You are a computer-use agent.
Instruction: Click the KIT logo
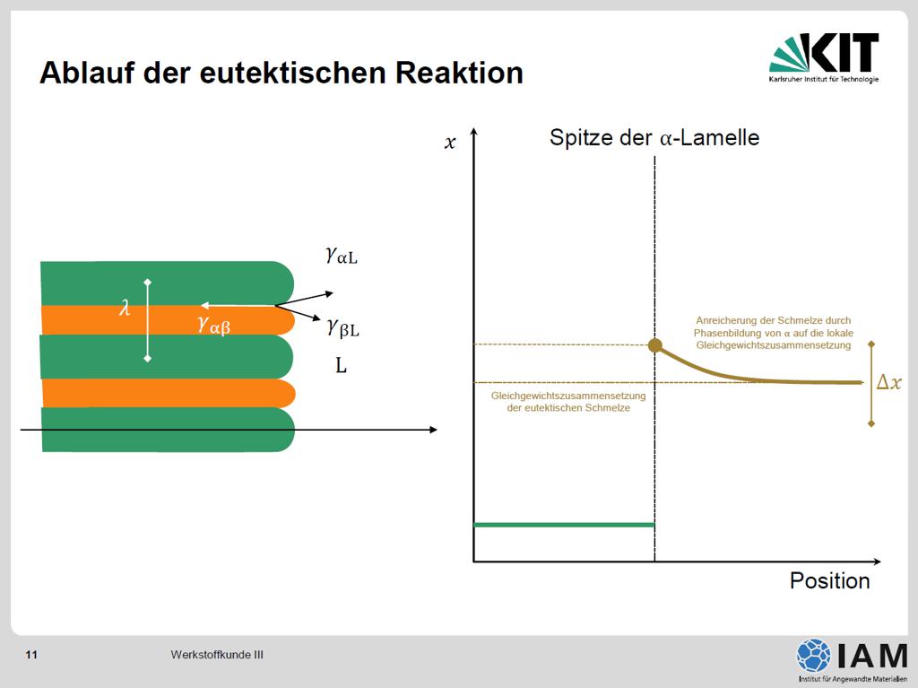[x=824, y=57]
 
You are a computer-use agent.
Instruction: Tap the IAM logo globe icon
[x=814, y=655]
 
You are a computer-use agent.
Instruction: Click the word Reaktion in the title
[x=459, y=74]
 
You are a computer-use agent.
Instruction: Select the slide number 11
[x=31, y=655]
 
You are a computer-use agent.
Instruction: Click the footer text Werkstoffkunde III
[x=217, y=655]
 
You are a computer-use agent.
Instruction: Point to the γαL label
[x=342, y=256]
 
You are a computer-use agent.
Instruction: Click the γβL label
[x=343, y=328]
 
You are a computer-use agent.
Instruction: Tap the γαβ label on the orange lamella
[x=213, y=324]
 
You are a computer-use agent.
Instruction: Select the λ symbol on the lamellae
[x=125, y=307]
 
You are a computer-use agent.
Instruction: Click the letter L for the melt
[x=341, y=366]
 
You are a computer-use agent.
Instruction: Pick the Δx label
[x=888, y=382]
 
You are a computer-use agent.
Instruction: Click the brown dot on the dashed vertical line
[x=655, y=345]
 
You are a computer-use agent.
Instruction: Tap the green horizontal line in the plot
[x=564, y=525]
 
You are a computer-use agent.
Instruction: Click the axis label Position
[x=829, y=580]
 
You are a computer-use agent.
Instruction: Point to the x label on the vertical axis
[x=450, y=143]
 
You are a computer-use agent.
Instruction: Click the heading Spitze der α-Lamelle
[x=654, y=138]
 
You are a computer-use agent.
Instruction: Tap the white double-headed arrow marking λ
[x=148, y=320]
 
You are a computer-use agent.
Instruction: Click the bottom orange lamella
[x=169, y=393]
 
